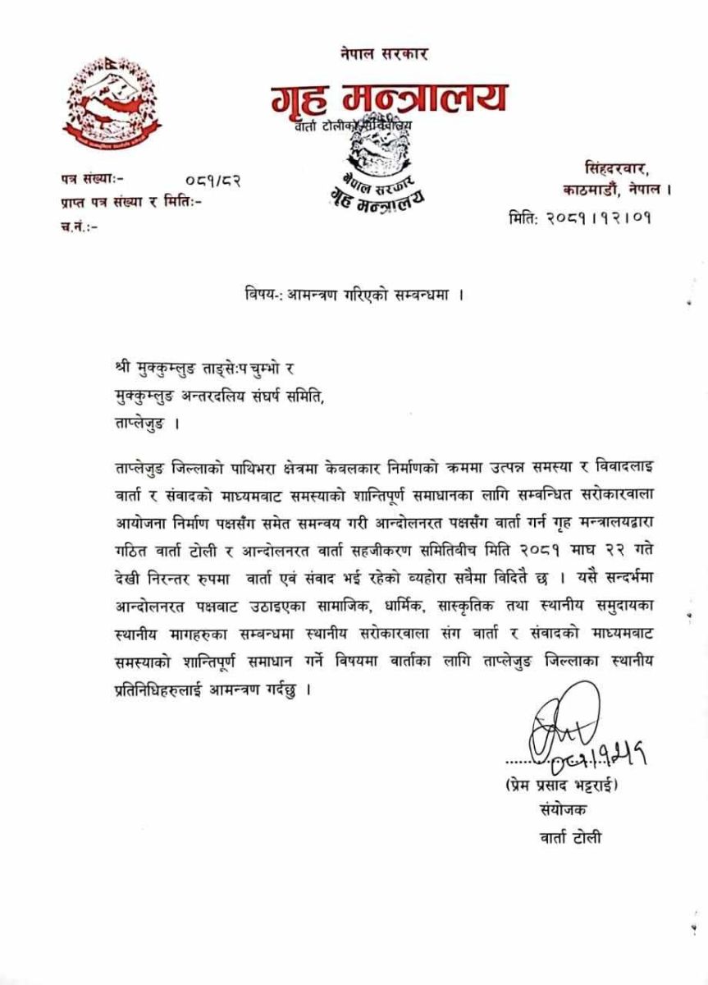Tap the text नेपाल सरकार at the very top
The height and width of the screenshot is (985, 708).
click(385, 54)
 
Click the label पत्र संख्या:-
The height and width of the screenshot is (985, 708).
click(91, 176)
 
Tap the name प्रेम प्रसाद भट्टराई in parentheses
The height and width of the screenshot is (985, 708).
click(563, 785)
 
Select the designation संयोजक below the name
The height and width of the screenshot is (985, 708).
click(558, 810)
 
